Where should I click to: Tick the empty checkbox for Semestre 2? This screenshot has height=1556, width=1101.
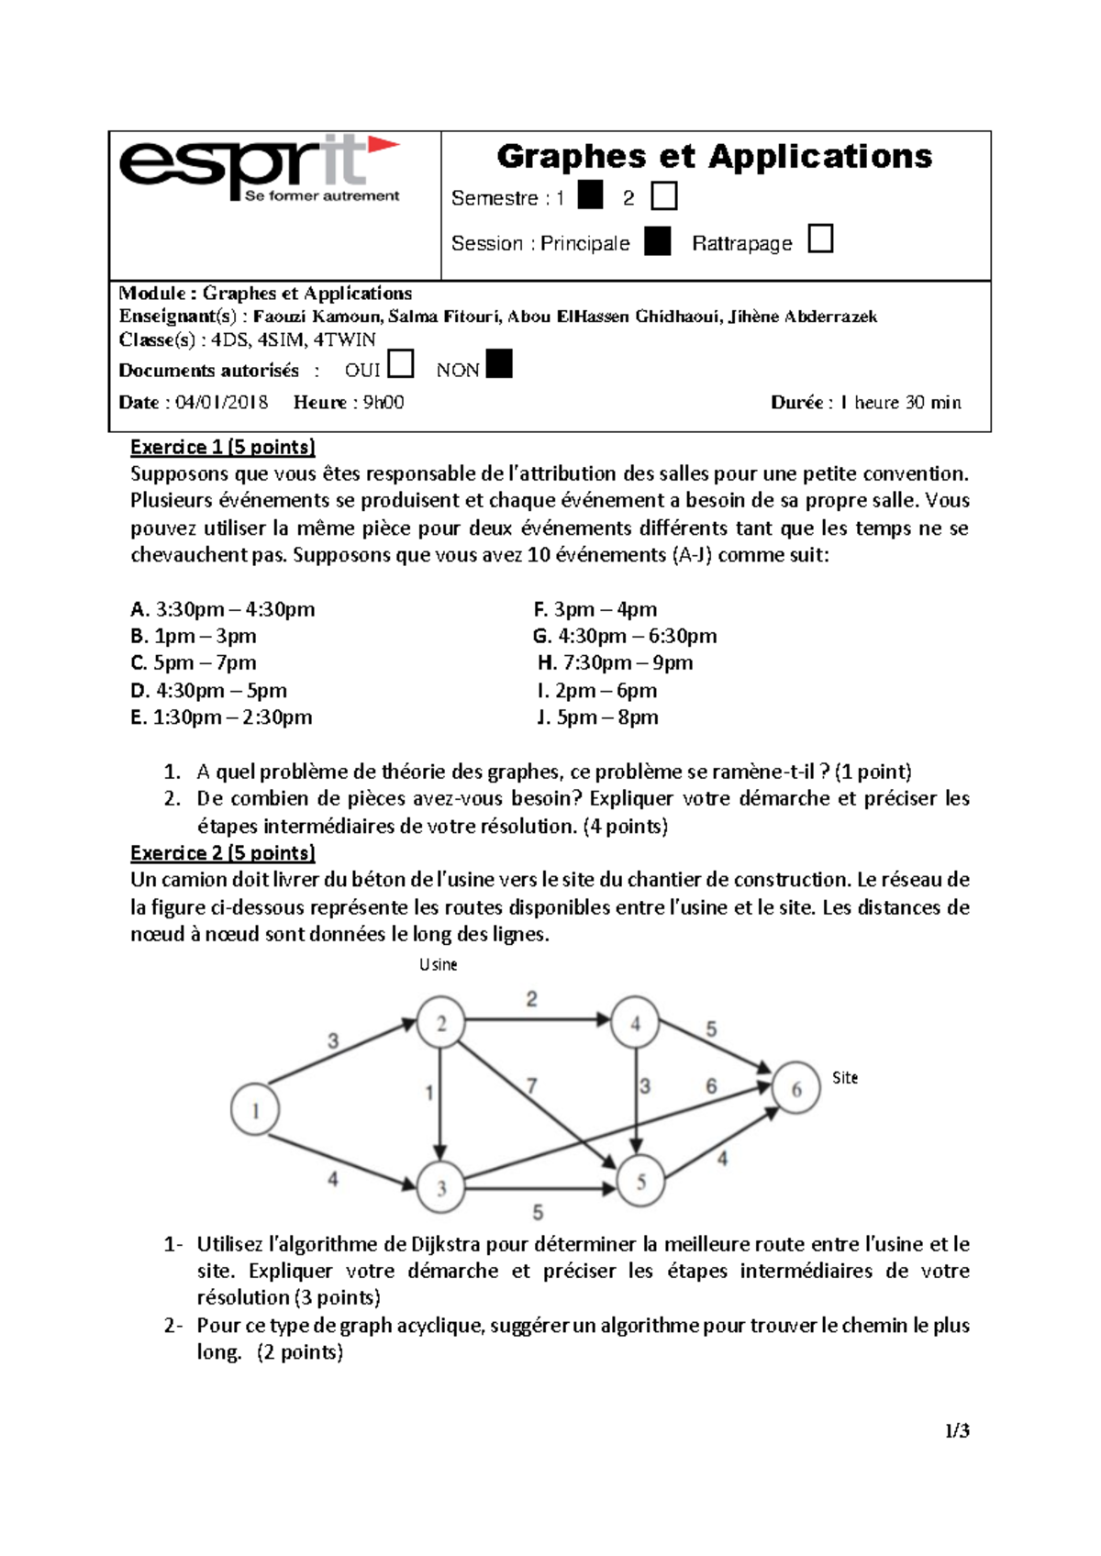coord(663,196)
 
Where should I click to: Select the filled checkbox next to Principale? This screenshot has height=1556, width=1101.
coord(657,241)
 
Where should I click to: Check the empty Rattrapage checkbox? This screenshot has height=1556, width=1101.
coord(820,239)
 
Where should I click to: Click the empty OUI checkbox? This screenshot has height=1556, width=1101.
coord(400,364)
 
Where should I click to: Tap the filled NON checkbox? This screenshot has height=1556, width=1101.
coord(498,364)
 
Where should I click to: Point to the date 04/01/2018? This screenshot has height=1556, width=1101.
coord(221,402)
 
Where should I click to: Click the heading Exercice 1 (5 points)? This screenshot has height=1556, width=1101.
coord(222,447)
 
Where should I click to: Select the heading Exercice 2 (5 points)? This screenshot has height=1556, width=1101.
coord(222,852)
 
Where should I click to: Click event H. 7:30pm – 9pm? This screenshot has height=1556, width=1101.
coord(615,662)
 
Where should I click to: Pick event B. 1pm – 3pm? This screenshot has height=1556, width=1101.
coord(194,636)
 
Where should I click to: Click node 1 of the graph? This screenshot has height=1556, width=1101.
coord(255,1111)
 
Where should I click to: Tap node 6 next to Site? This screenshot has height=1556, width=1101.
coord(795,1089)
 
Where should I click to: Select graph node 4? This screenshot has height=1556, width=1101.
coord(636,1023)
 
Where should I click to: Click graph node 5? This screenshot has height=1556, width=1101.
coord(640,1182)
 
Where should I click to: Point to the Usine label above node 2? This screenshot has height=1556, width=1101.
coord(438,964)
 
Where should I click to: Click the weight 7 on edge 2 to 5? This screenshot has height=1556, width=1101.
coord(532,1086)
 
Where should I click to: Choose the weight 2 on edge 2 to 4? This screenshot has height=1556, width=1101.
coord(531,999)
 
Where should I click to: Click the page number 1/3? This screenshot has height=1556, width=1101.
coord(958,1430)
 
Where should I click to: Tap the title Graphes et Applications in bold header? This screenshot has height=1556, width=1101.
coord(714,156)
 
